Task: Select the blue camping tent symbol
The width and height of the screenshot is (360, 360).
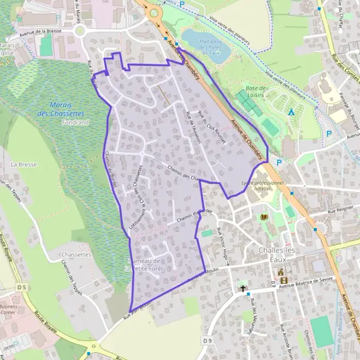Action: click(x=291, y=112)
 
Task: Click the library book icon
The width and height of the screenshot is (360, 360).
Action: click(x=263, y=217)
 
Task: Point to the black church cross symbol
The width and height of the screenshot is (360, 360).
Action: click(x=243, y=288)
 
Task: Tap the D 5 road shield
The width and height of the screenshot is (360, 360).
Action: click(x=22, y=288)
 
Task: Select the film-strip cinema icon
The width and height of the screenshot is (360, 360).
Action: click(x=283, y=280)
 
